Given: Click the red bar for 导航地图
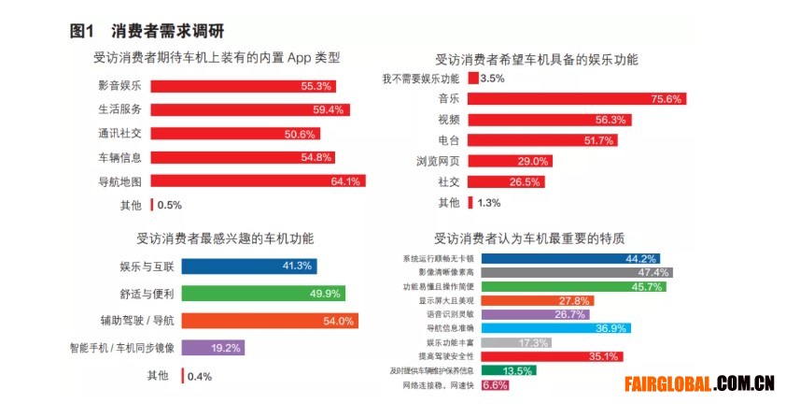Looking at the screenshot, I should click(x=257, y=181).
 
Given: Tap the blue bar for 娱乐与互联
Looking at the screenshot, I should click(x=248, y=266).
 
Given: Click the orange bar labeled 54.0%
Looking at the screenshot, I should click(x=269, y=321).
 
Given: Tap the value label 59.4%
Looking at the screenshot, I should click(x=329, y=109).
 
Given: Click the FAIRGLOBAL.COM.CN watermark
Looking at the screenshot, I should click(x=699, y=382).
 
